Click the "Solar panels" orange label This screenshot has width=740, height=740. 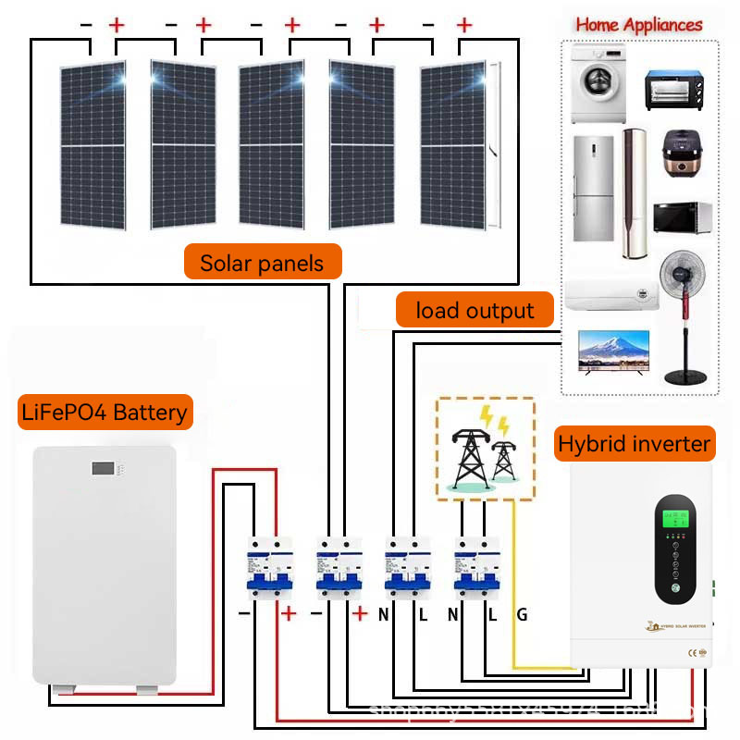click(x=263, y=263)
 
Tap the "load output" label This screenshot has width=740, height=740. click(x=475, y=310)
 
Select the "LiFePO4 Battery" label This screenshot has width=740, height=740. click(x=104, y=412)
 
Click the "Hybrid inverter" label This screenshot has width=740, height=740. click(x=634, y=444)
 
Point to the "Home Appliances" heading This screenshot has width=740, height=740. click(x=639, y=25)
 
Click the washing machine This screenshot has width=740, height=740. click(x=599, y=83)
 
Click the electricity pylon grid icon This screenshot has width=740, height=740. click(x=484, y=450)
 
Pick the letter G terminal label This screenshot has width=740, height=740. click(x=522, y=614)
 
